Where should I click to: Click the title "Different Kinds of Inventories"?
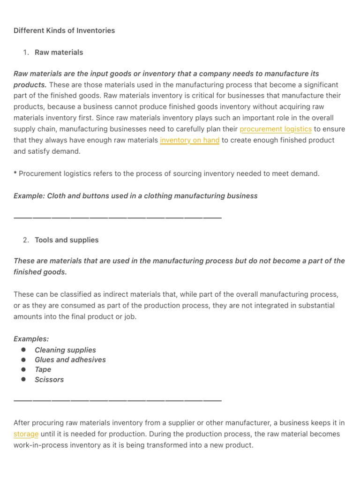coord(64,30)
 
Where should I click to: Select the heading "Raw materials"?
coord(59,52)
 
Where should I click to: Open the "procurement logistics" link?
coord(276,129)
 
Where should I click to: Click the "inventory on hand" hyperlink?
coord(189,140)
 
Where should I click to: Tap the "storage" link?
coord(26,434)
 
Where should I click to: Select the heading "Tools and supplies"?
coord(67,240)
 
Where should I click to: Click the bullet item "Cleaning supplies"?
coord(65,350)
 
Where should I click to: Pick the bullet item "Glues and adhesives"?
coord(70,360)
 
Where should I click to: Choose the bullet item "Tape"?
coord(43,370)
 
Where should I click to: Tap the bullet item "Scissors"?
coord(49,380)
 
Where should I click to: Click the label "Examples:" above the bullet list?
coord(31,339)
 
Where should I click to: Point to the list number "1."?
coord(26,52)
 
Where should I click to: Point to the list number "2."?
coord(26,240)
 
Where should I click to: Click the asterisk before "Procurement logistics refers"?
coord(15,173)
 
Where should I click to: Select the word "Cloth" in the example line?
coord(56,196)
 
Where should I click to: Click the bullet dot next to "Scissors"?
coord(23,380)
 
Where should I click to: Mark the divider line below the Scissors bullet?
coord(117,400)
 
